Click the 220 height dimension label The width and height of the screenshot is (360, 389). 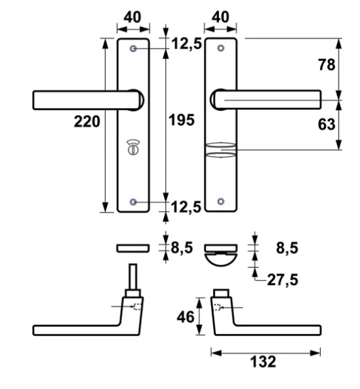(x=87, y=121)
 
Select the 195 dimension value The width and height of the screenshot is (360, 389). (x=182, y=121)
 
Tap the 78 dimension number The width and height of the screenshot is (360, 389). (x=326, y=65)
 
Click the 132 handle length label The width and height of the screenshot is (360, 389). (x=264, y=361)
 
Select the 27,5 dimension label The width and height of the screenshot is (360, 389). (x=283, y=280)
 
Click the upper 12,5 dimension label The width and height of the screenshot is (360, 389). (x=186, y=45)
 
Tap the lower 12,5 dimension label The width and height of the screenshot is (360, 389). (x=186, y=208)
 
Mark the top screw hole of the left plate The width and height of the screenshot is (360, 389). (x=134, y=49)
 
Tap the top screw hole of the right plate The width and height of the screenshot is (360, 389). (x=221, y=49)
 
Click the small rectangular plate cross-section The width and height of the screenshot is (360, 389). (x=133, y=248)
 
